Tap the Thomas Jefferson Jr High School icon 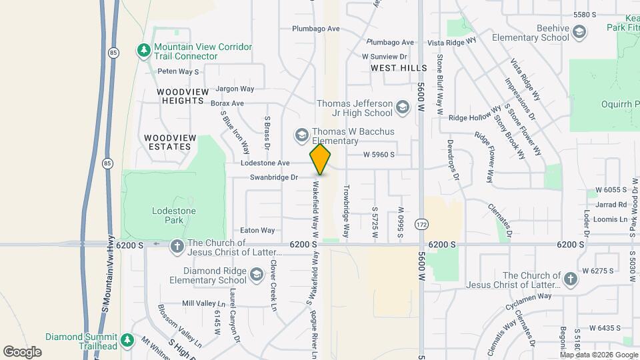[x=402, y=107]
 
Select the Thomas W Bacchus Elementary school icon [x=302, y=135]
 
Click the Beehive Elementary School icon [x=580, y=32]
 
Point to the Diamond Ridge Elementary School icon [x=256, y=275]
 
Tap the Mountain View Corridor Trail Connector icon [x=143, y=51]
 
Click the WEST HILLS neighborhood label [x=399, y=68]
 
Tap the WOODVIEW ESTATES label [x=170, y=142]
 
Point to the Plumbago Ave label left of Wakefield [x=316, y=29]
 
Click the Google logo [x=22, y=351]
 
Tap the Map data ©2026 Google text [x=599, y=355]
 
